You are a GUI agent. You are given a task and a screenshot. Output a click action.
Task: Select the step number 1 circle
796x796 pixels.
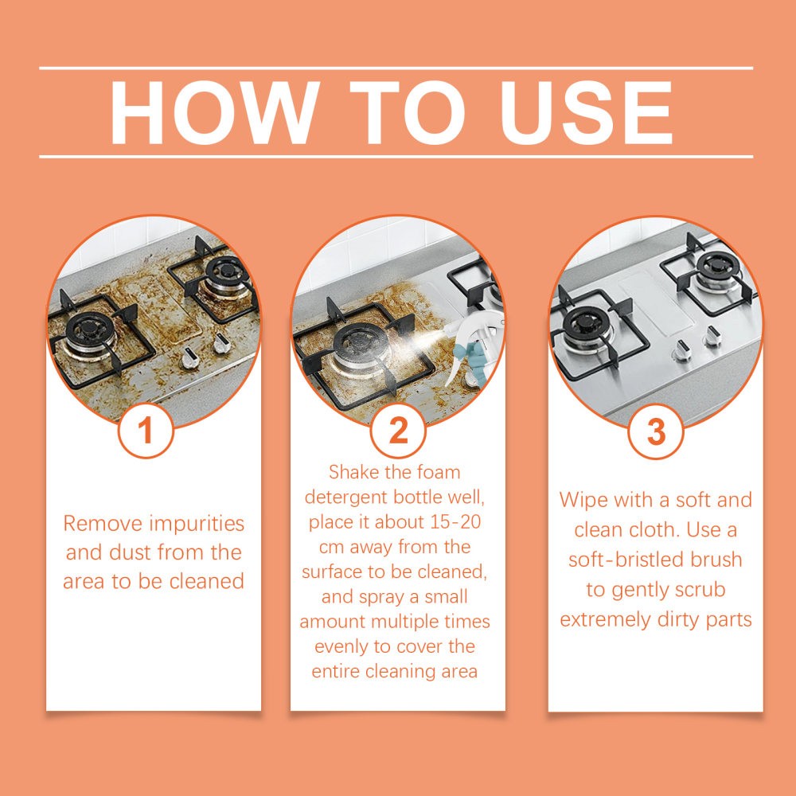tap(145, 431)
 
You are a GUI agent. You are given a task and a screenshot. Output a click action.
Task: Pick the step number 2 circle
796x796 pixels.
tap(398, 431)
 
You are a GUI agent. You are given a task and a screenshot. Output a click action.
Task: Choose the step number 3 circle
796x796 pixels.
tap(655, 431)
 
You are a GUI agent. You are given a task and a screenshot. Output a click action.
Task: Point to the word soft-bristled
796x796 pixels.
tap(624, 560)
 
